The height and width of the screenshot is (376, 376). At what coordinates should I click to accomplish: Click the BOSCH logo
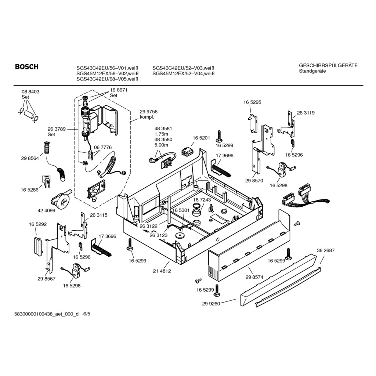point(26,67)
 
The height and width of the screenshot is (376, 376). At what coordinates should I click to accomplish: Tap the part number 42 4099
point(46,210)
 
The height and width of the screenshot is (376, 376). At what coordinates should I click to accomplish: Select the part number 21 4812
point(162,271)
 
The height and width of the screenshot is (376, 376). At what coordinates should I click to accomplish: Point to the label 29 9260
point(211,304)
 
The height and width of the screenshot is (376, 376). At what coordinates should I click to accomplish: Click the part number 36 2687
point(326,250)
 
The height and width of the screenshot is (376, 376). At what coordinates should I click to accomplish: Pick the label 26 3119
point(306,113)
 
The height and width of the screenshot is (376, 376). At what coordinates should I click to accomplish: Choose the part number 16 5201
point(201,138)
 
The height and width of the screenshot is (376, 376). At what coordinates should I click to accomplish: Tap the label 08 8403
point(30,91)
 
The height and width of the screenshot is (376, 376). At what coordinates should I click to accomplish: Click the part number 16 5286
point(29,190)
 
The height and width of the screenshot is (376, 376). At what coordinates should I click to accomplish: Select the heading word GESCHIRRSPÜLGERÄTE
point(328,65)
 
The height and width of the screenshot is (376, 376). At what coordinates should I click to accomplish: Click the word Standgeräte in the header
point(312,71)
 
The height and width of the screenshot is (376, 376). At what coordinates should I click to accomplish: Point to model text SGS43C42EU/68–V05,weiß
point(107,79)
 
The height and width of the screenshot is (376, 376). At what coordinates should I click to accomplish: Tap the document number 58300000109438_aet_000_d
point(47,314)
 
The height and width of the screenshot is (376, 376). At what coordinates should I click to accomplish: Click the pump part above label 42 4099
point(60,199)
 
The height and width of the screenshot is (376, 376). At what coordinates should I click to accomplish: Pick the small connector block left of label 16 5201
point(187,152)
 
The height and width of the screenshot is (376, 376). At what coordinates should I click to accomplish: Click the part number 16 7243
point(202,200)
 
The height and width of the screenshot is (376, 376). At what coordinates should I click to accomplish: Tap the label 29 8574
point(254,277)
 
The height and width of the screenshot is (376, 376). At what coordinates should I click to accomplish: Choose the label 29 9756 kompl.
point(148,115)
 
